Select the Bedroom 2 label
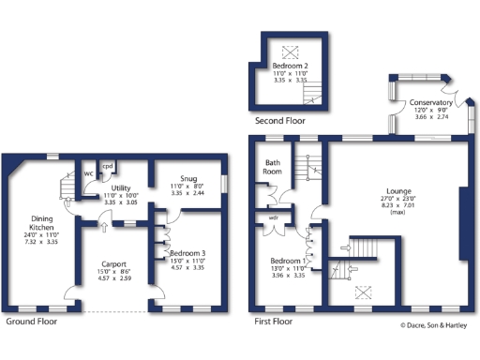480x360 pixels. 289,66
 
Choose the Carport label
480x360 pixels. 113,264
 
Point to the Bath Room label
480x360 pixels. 272,167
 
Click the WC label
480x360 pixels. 87,173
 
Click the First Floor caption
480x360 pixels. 274,321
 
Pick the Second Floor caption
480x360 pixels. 279,121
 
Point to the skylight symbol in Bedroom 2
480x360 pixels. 288,52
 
